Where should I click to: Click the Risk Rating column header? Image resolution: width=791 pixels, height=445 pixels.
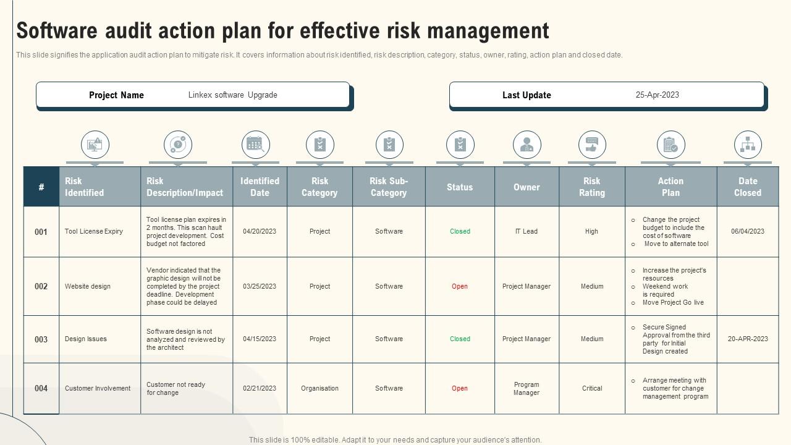[x=591, y=187]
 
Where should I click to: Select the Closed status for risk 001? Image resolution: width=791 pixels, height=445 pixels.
[x=460, y=231]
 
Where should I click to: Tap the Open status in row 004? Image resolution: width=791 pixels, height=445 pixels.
[x=460, y=388]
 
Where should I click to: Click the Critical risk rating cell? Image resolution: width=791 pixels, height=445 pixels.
[x=591, y=388]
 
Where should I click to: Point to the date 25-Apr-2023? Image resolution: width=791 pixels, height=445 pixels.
[x=657, y=95]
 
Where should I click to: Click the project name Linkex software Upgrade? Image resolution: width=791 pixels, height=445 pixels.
[x=232, y=95]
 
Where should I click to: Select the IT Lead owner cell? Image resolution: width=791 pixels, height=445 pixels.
[x=527, y=231]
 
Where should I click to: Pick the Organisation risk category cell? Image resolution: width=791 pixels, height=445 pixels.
[x=319, y=388]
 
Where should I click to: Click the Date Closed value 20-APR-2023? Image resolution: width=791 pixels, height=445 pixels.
[x=748, y=339]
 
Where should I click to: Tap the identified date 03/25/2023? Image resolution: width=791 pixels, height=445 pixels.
[x=260, y=286]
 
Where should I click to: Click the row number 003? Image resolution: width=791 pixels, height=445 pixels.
[x=41, y=339]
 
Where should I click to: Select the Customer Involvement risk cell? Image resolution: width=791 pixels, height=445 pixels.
[x=98, y=388]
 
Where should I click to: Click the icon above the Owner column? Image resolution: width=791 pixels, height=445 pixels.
[x=527, y=145]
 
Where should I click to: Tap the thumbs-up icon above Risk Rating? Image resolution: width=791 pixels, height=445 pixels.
[x=591, y=145]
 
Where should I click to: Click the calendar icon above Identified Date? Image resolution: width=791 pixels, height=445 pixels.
[x=255, y=145]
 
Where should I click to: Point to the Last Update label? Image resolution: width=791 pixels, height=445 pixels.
[x=527, y=95]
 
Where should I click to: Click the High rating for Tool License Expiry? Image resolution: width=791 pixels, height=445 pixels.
[x=591, y=231]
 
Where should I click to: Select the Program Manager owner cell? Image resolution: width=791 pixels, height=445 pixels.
[x=527, y=388]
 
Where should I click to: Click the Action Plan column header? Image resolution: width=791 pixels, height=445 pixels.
[x=670, y=187]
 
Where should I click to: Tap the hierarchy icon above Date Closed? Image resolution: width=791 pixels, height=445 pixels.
[x=748, y=145]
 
